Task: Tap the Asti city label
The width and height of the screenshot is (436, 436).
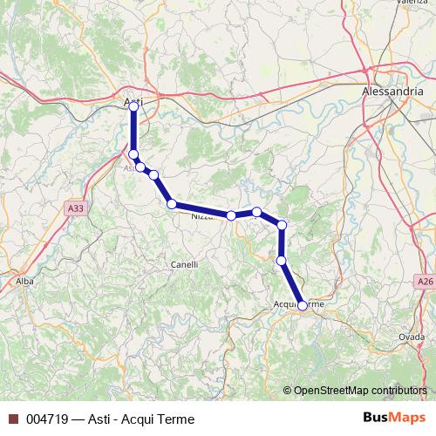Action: coord(133,102)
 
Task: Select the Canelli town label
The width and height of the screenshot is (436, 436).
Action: coord(184,264)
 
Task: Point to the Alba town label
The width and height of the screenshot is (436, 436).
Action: coord(24,282)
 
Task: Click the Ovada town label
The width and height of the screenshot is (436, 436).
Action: coord(412,337)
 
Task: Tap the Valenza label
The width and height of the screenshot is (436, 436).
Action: coord(412,3)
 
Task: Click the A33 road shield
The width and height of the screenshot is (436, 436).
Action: coord(75,208)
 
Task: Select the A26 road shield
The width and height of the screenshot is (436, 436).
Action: coord(424,282)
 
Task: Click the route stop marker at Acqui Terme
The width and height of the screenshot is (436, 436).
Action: coord(302,305)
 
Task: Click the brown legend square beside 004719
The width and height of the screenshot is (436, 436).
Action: coord(13,419)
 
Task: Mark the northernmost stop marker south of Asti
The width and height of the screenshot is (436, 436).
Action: coord(133,154)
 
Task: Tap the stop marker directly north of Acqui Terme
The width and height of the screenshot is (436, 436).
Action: coord(282,260)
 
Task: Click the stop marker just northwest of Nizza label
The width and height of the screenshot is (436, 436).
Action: coord(172,204)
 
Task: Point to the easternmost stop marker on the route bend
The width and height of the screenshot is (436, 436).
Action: coord(282,226)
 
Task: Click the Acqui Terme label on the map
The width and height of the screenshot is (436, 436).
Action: coord(298,303)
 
